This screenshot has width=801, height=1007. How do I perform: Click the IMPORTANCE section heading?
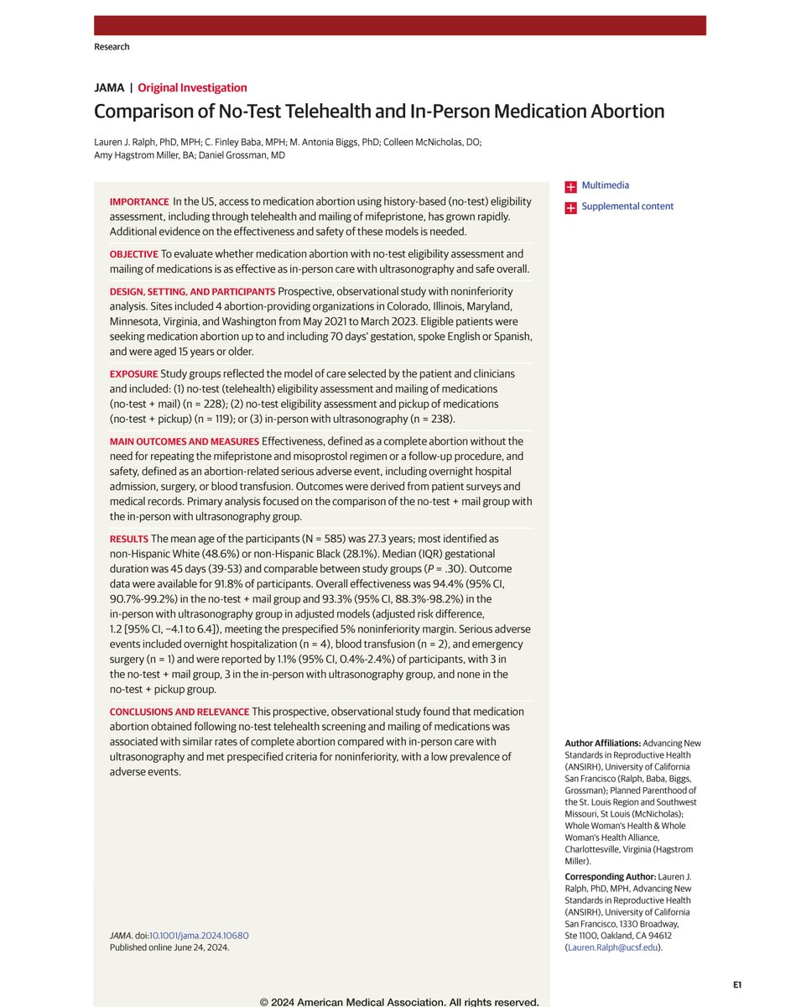click(x=138, y=203)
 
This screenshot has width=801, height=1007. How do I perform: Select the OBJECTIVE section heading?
click(x=135, y=253)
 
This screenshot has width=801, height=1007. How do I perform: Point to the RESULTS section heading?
click(x=129, y=539)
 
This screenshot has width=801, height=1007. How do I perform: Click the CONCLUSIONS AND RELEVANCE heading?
click(x=178, y=712)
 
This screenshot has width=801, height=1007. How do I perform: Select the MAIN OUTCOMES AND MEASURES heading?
click(x=184, y=441)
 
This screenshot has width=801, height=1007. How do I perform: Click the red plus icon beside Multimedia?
click(x=570, y=185)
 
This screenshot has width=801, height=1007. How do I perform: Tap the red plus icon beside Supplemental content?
click(x=570, y=206)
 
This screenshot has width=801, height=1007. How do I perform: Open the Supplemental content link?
click(x=627, y=206)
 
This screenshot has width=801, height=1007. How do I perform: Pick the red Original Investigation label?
click(x=192, y=87)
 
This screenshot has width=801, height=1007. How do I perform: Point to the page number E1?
click(x=736, y=984)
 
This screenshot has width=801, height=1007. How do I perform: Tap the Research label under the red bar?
click(x=112, y=46)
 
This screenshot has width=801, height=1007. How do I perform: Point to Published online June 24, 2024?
click(x=169, y=947)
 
